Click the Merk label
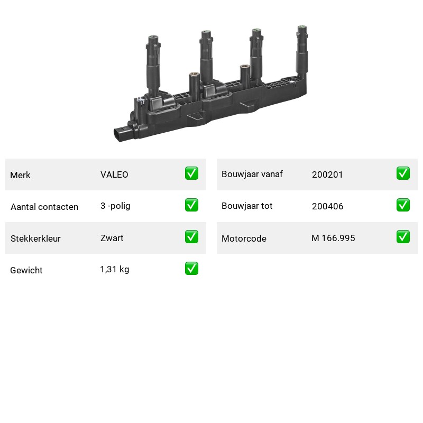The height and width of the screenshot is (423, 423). point(20,175)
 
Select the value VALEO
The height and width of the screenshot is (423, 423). point(114,174)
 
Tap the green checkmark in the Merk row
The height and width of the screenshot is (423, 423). point(191,173)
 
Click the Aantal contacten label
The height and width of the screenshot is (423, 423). point(44,207)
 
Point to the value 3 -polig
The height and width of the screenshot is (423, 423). point(115,206)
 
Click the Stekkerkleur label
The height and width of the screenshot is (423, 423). point(35,238)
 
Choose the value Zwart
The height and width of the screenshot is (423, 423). point(112,238)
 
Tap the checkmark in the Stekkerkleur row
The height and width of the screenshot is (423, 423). point(191,236)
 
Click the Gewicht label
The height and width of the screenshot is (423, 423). point(26,270)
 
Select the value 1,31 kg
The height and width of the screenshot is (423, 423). point(115,270)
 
